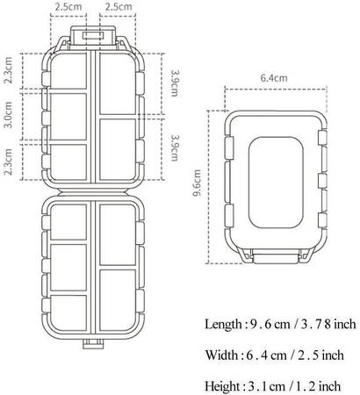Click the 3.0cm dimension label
9,115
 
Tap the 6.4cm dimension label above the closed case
274,78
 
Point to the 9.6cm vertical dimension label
198,183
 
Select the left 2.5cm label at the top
68,7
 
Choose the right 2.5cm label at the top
119,7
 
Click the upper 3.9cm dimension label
175,83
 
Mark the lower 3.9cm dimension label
175,147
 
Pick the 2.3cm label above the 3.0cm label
9,70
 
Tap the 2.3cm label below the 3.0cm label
9,162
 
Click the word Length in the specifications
223,324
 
